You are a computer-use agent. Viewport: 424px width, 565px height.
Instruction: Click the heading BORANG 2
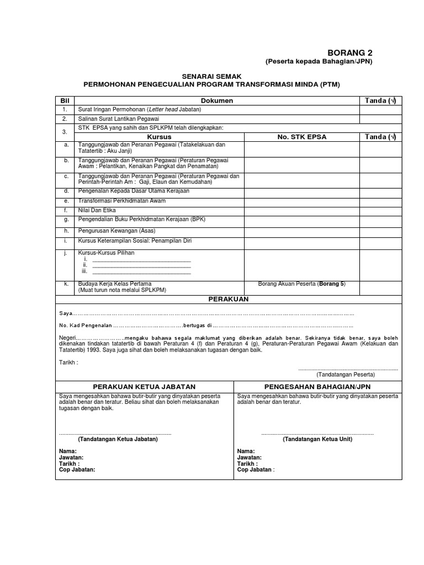(x=351, y=52)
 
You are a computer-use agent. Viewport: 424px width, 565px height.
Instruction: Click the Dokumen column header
(x=216, y=100)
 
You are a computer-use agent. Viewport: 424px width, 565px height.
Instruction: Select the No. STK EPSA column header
(x=302, y=136)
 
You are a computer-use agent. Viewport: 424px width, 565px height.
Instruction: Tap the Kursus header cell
(x=160, y=136)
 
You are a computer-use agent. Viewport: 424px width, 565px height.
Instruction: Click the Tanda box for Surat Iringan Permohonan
(x=381, y=109)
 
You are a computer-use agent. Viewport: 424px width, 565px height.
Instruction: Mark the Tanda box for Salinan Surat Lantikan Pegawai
(x=381, y=119)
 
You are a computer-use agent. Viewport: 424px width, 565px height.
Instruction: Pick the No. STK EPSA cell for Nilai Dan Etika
(x=302, y=210)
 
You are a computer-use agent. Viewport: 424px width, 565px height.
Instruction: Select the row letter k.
(x=66, y=284)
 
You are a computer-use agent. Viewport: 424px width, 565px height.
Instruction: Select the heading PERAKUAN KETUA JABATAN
(x=144, y=387)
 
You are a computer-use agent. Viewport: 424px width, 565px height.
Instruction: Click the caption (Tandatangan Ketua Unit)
(x=317, y=439)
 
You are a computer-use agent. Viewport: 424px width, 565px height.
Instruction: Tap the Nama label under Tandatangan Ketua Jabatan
(x=68, y=451)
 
